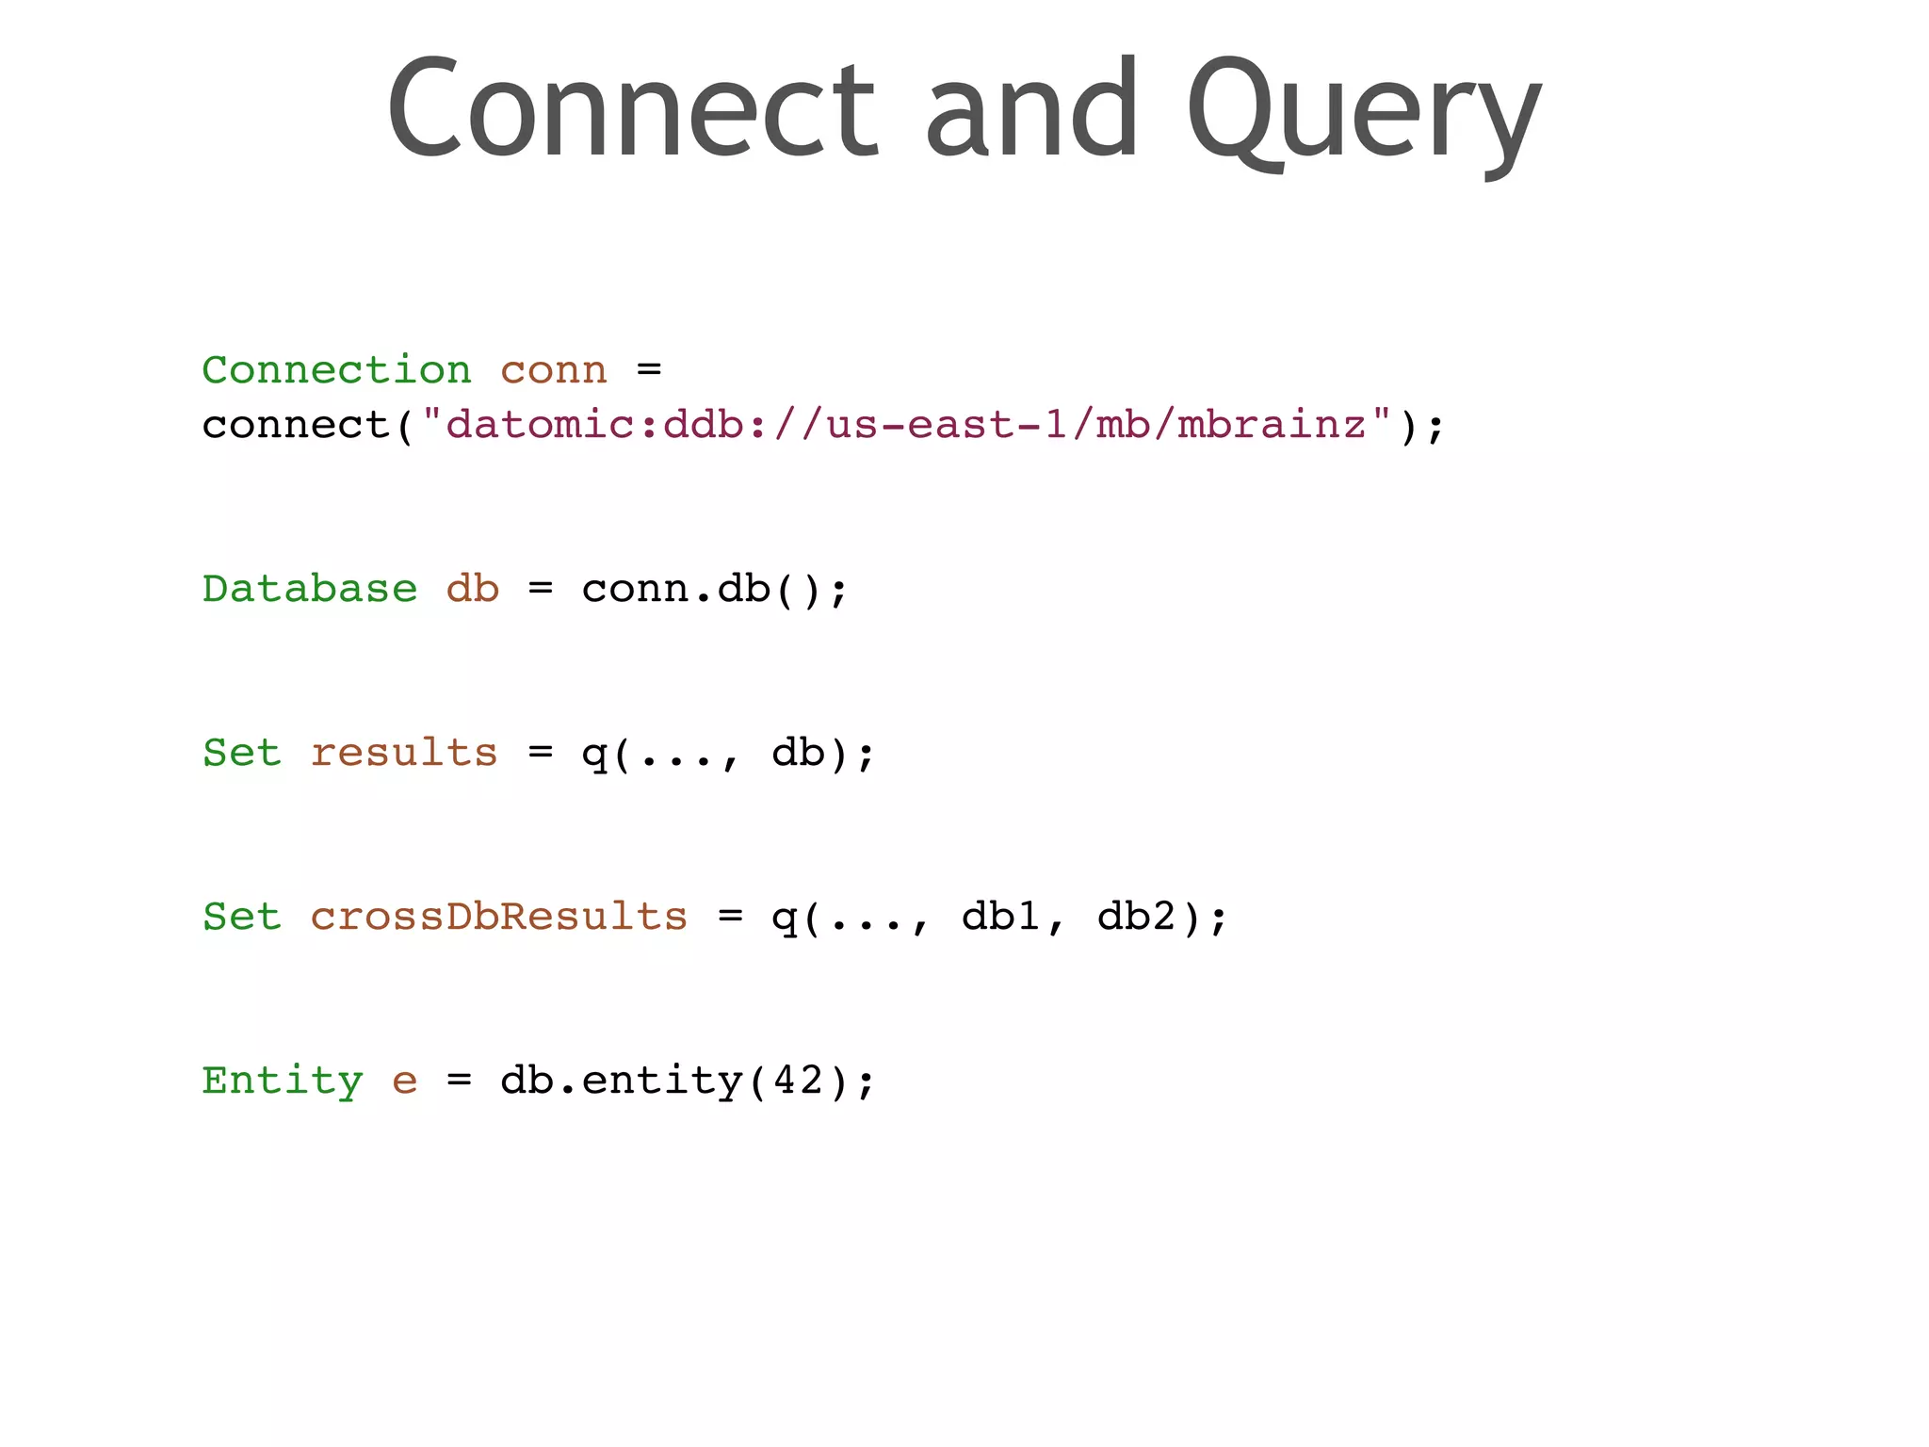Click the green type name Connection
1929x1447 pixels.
pos(336,369)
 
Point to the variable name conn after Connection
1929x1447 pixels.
pos(554,371)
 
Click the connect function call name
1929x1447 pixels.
pos(296,425)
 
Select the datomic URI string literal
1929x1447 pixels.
pos(906,424)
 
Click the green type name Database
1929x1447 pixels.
pos(309,589)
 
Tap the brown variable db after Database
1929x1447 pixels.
pos(472,589)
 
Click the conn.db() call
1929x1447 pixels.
pos(715,590)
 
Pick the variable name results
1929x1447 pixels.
pos(404,753)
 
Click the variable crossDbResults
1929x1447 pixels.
pos(499,917)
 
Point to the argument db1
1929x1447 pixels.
pos(1000,917)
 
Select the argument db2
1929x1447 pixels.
pos(1136,917)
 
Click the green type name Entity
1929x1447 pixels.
pos(283,1081)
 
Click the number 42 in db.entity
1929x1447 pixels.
pos(799,1081)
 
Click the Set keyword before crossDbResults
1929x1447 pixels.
pos(242,917)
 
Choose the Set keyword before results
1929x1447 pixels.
pos(242,753)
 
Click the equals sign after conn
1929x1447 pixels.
pos(649,370)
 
